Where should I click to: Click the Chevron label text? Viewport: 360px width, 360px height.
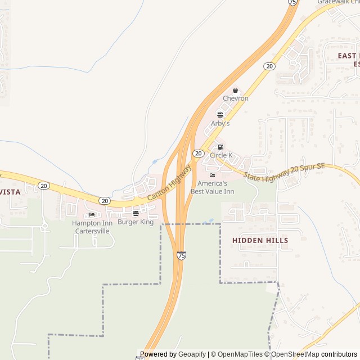click(236, 98)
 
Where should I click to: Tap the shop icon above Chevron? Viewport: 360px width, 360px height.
click(236, 91)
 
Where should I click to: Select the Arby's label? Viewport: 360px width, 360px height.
click(220, 123)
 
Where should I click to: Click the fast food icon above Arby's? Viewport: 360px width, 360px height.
click(220, 115)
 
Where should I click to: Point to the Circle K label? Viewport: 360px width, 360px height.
click(221, 155)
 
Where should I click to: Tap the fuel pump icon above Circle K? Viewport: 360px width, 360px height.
click(220, 147)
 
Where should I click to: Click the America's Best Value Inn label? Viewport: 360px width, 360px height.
click(212, 187)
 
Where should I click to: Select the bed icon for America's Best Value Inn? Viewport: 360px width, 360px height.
click(212, 175)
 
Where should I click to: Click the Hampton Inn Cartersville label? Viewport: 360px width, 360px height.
click(92, 227)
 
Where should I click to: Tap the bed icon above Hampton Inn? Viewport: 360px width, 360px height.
click(92, 214)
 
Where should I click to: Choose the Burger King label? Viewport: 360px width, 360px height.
click(136, 222)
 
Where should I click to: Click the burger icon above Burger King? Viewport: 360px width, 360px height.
click(136, 214)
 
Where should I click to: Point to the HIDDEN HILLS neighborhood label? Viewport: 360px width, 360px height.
click(260, 240)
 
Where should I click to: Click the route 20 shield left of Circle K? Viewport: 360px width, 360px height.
click(198, 153)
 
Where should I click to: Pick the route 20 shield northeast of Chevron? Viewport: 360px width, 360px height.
click(270, 66)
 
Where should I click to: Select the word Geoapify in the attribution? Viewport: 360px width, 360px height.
click(192, 354)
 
